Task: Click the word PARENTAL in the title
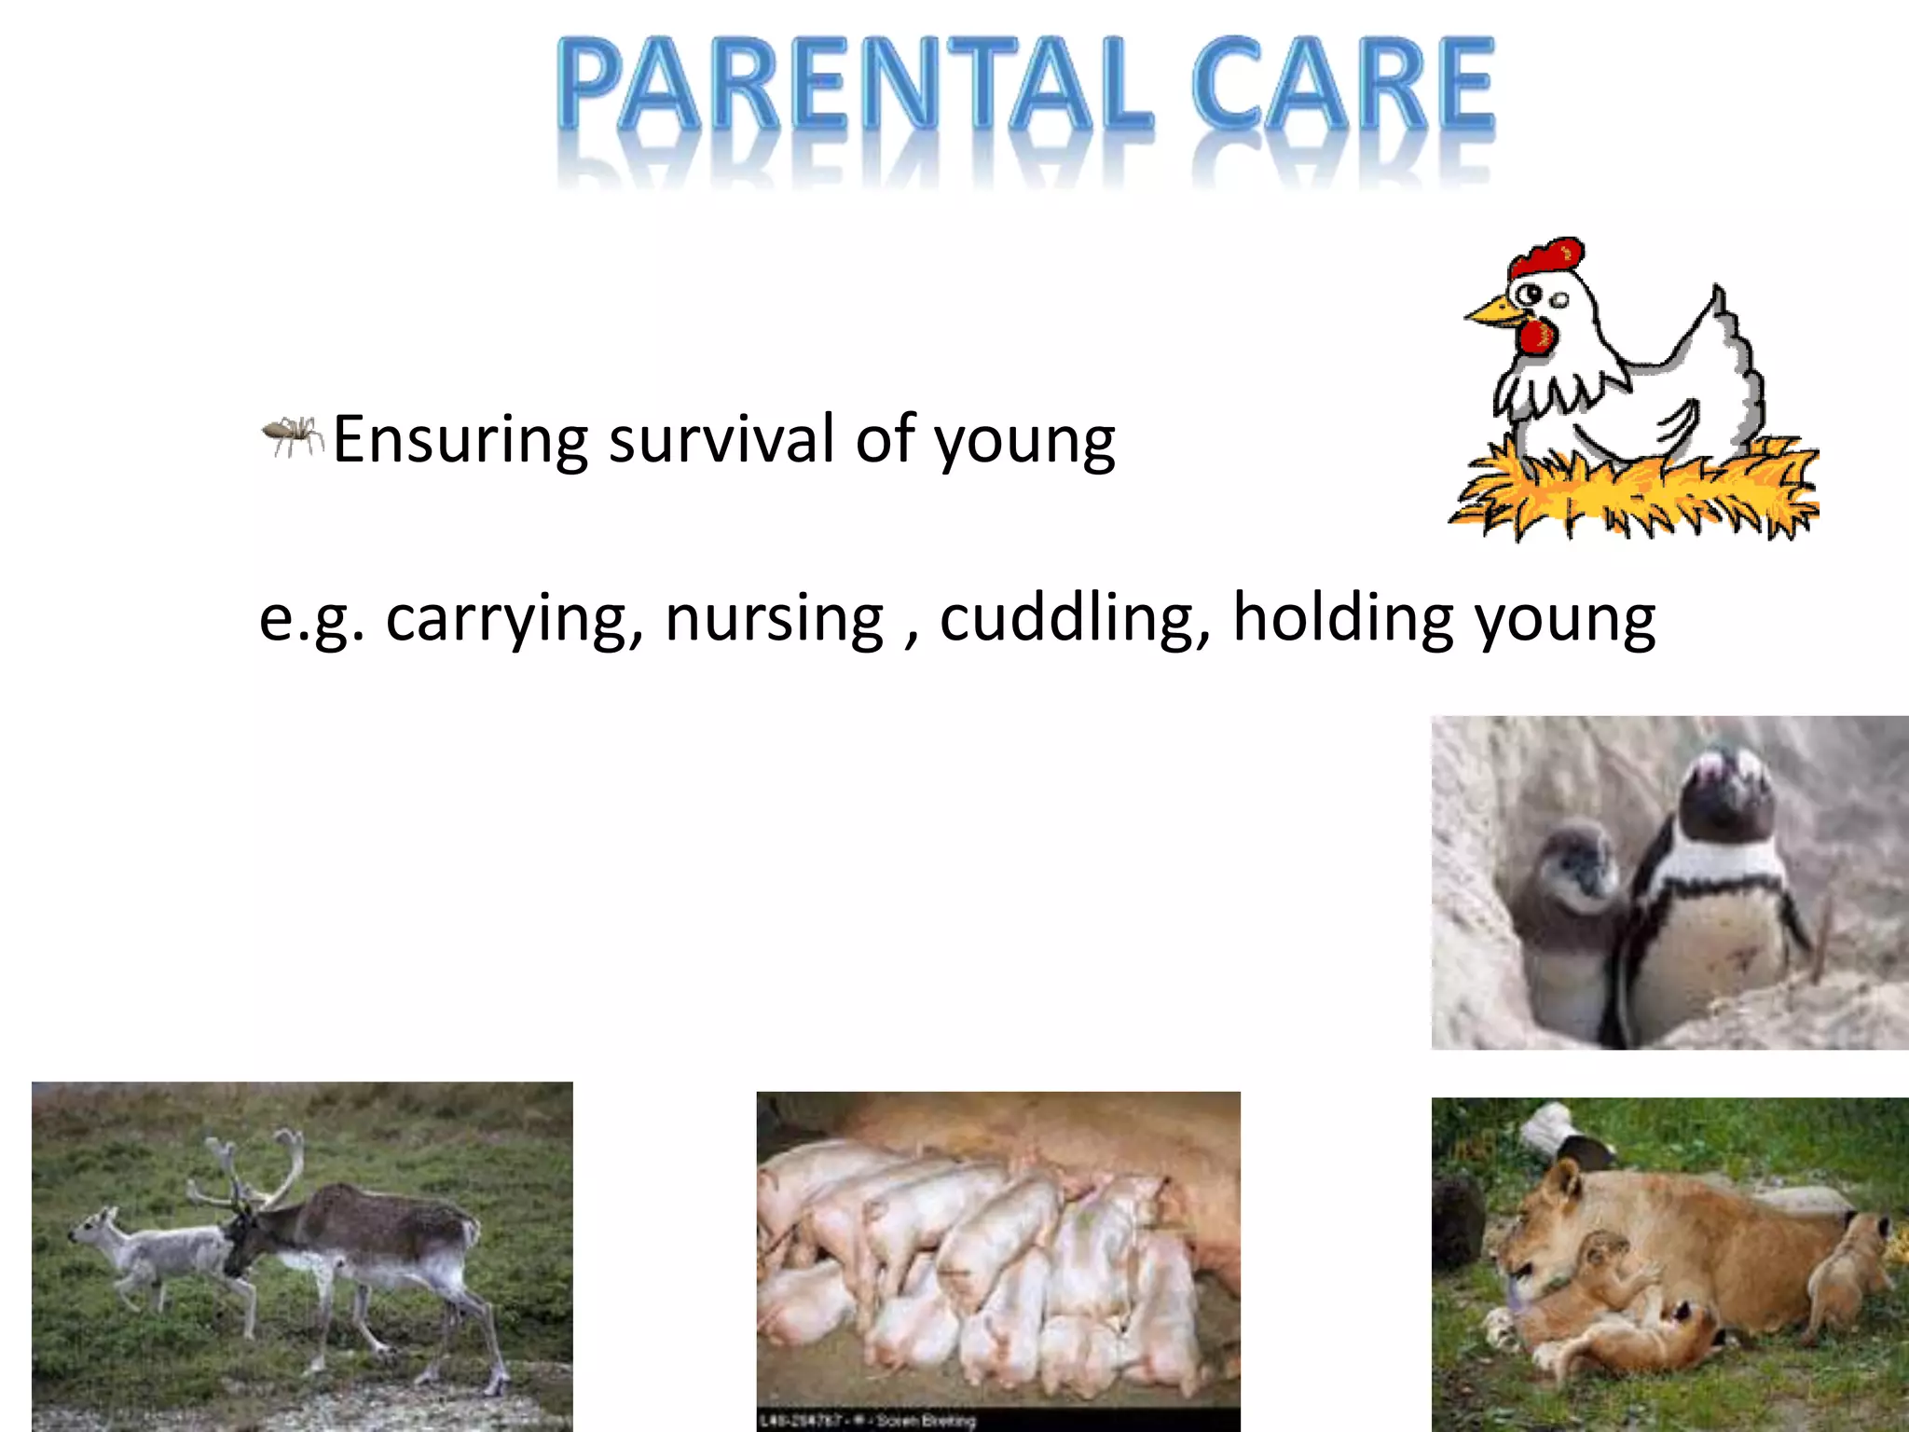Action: [x=853, y=86]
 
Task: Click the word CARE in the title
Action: [x=1342, y=86]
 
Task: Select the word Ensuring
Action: [x=460, y=440]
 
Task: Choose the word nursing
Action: [x=774, y=619]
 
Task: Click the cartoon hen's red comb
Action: [x=1547, y=256]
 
